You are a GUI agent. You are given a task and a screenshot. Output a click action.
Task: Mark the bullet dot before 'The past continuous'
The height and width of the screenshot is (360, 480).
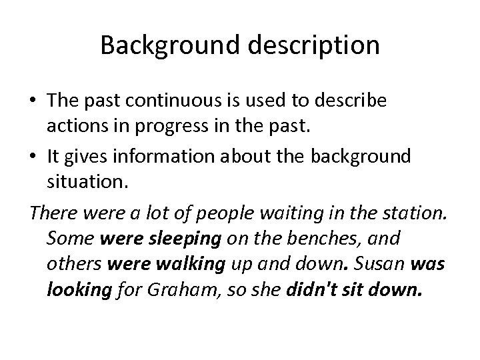pos(33,101)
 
